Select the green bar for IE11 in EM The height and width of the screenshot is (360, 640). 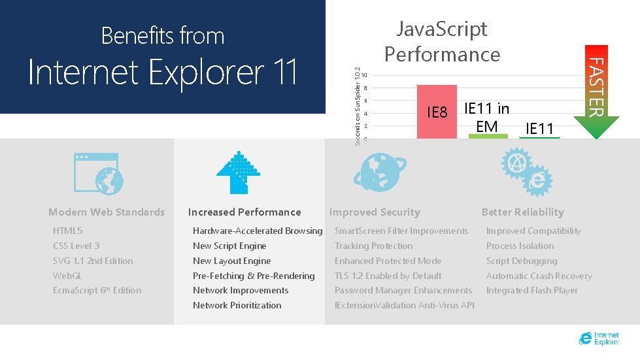pyautogui.click(x=487, y=135)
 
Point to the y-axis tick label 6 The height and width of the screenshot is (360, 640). pyautogui.click(x=365, y=101)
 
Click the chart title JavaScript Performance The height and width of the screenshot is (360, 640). pyautogui.click(x=442, y=41)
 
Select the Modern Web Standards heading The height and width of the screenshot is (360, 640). pyautogui.click(x=107, y=212)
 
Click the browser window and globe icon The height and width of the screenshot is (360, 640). pyautogui.click(x=96, y=174)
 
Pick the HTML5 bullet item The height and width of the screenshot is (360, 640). pyautogui.click(x=68, y=231)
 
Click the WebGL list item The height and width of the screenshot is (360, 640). pyautogui.click(x=68, y=276)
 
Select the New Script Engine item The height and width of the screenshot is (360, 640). pyautogui.click(x=229, y=246)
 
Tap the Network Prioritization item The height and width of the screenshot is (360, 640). pyautogui.click(x=237, y=305)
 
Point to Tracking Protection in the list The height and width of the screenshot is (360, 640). pyautogui.click(x=373, y=246)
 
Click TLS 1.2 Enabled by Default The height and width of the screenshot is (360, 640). pyautogui.click(x=388, y=276)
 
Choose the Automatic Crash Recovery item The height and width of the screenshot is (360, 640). pyautogui.click(x=539, y=276)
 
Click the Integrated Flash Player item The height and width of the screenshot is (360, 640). pyautogui.click(x=531, y=290)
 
